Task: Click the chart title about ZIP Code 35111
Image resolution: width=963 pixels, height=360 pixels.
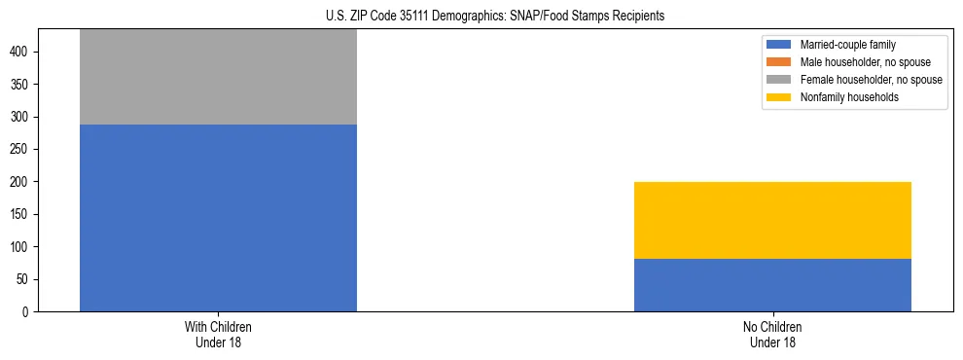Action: pos(481,16)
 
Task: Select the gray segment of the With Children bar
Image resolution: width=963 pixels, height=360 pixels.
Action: pos(218,77)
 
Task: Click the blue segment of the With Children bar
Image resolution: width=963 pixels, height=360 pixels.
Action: pos(218,218)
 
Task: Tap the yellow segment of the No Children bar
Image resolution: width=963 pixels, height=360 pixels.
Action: pos(772,220)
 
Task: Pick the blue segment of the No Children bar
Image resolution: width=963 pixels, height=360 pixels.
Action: pos(772,285)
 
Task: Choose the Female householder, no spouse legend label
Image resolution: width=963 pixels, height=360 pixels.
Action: pos(871,80)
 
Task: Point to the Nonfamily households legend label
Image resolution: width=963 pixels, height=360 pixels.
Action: pos(849,97)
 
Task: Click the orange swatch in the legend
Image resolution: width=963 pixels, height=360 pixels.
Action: pos(779,62)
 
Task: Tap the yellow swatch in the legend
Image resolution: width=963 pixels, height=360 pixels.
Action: pos(779,97)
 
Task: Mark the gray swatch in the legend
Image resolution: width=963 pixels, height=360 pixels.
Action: pos(779,80)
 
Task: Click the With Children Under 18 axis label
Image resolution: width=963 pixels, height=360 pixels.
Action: pos(218,334)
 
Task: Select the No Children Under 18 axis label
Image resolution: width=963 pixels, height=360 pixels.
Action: pos(772,334)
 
